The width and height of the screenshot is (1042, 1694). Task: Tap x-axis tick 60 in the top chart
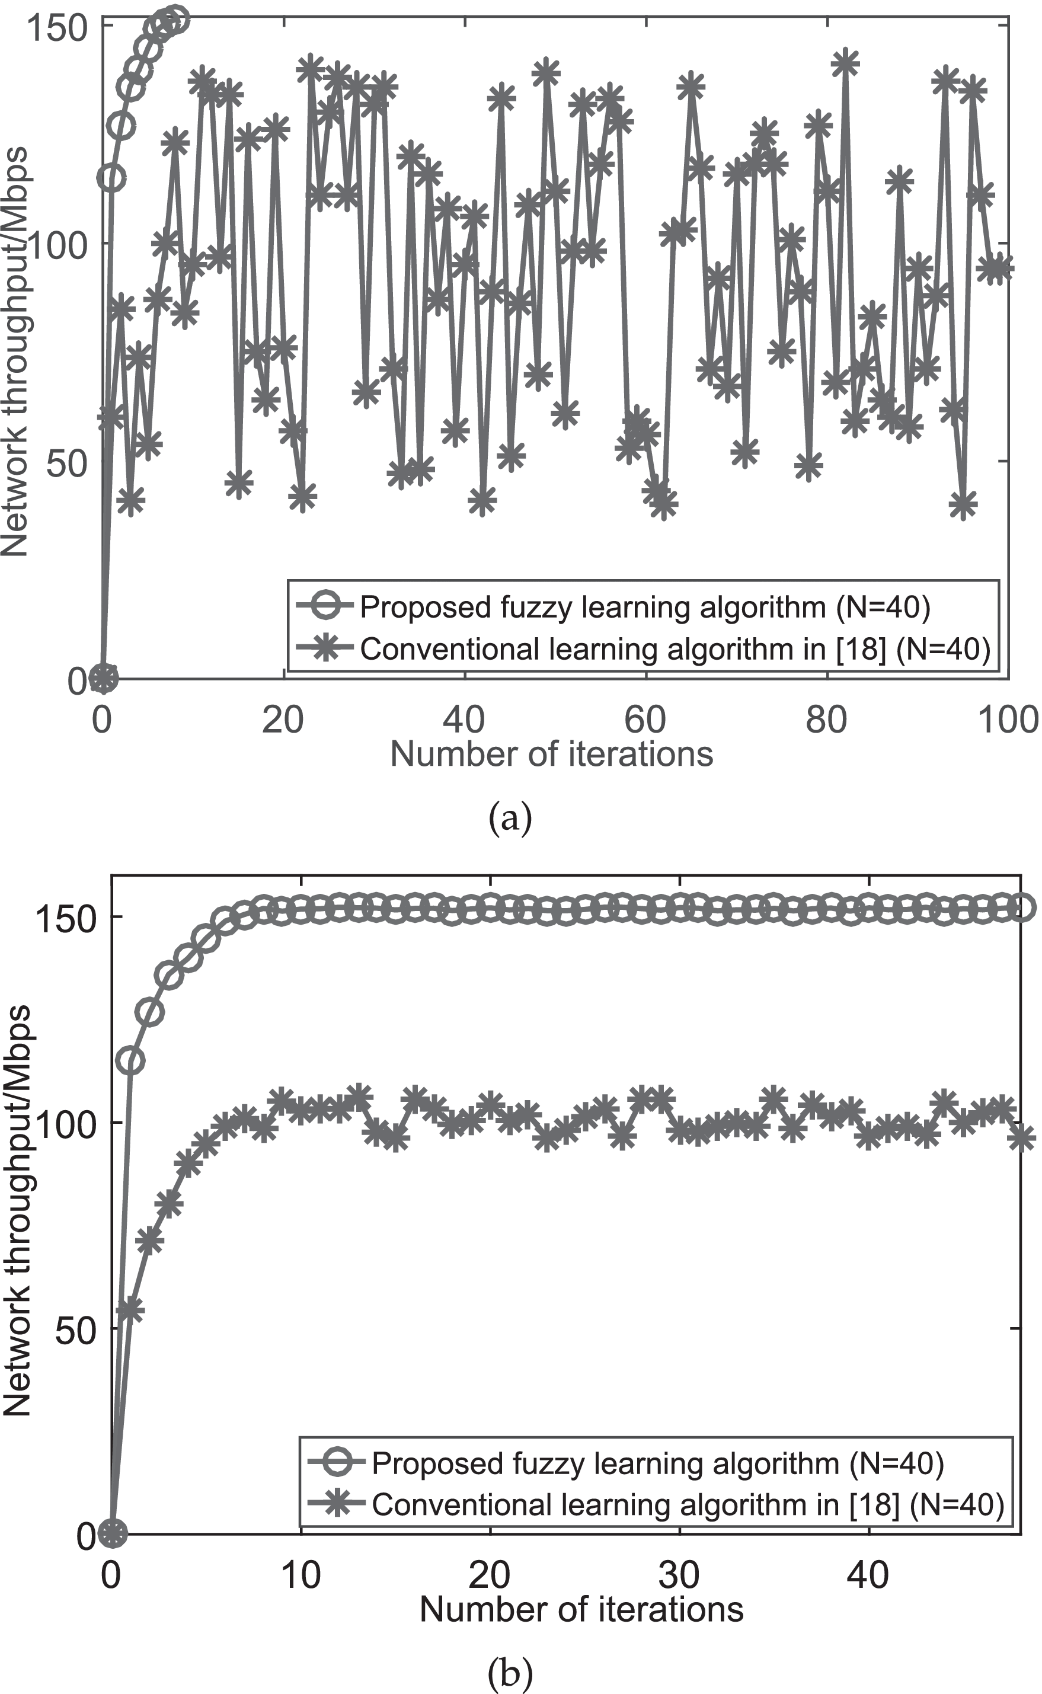(645, 720)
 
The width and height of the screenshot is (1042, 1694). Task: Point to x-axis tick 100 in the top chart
(1008, 720)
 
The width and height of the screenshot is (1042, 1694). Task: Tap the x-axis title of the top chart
(551, 754)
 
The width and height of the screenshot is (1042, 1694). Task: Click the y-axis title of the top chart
(15, 351)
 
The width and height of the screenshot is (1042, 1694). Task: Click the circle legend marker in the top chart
(327, 606)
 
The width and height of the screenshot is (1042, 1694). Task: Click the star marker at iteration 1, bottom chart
(131, 1308)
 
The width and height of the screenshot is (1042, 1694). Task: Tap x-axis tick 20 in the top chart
(283, 720)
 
